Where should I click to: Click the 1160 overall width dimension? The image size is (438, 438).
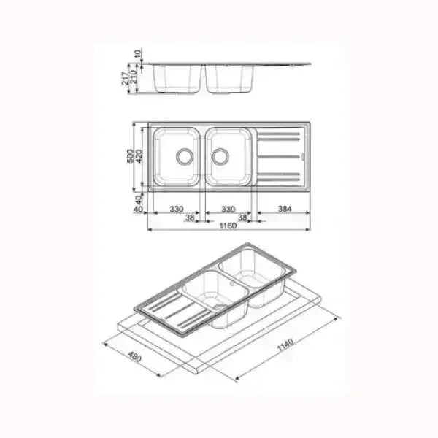[228, 226]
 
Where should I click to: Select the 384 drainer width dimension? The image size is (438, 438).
[285, 209]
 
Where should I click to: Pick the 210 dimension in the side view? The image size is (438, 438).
[134, 75]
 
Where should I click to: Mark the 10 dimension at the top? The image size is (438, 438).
[139, 54]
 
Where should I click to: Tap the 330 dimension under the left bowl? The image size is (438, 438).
[176, 209]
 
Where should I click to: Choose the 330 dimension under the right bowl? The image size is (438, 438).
[228, 209]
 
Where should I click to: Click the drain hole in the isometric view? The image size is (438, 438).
[218, 307]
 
